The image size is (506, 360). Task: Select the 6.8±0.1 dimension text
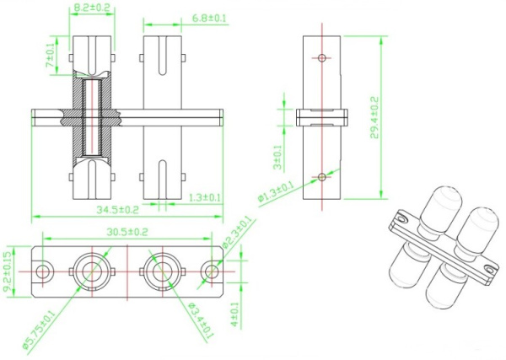(210, 17)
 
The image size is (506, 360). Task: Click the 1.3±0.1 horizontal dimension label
(203, 197)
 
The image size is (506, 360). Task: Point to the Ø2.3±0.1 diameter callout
(238, 235)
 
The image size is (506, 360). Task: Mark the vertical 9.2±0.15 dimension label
(8, 271)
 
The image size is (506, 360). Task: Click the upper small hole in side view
(321, 57)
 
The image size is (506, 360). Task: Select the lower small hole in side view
(321, 176)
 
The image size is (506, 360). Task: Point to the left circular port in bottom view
(89, 271)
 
